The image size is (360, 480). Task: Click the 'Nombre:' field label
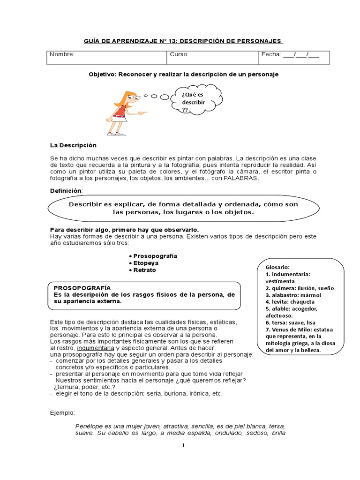tap(62, 54)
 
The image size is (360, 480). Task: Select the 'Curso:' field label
tap(179, 54)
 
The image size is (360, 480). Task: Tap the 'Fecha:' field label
tap(270, 54)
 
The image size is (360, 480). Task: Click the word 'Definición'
tap(66, 191)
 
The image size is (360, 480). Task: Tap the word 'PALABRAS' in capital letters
tap(240, 178)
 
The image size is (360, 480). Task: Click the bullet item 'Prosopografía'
tap(155, 256)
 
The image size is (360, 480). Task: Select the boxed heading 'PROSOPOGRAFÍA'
tap(82, 287)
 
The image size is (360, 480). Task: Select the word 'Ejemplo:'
tap(62, 412)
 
